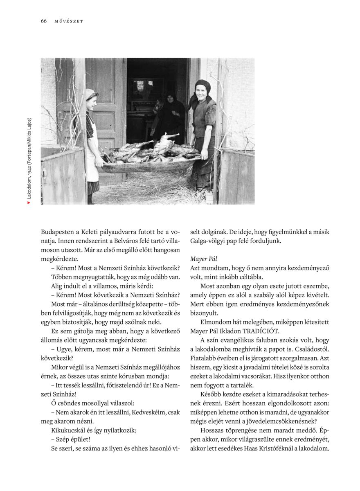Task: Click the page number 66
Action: [x=44, y=21]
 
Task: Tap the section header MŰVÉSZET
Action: [x=69, y=21]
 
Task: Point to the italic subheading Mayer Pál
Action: [x=204, y=259]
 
